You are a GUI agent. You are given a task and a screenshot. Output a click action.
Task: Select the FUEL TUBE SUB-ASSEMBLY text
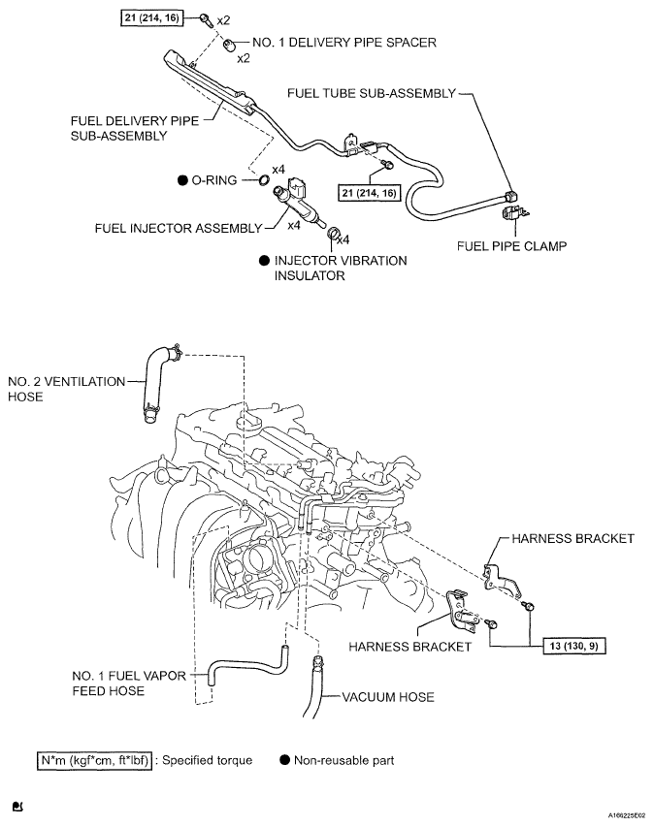pyautogui.click(x=371, y=93)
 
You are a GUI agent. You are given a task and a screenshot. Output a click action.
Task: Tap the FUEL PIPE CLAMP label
pyautogui.click(x=511, y=246)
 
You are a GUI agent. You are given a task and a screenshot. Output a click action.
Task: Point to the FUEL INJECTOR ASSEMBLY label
pyautogui.click(x=178, y=229)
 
